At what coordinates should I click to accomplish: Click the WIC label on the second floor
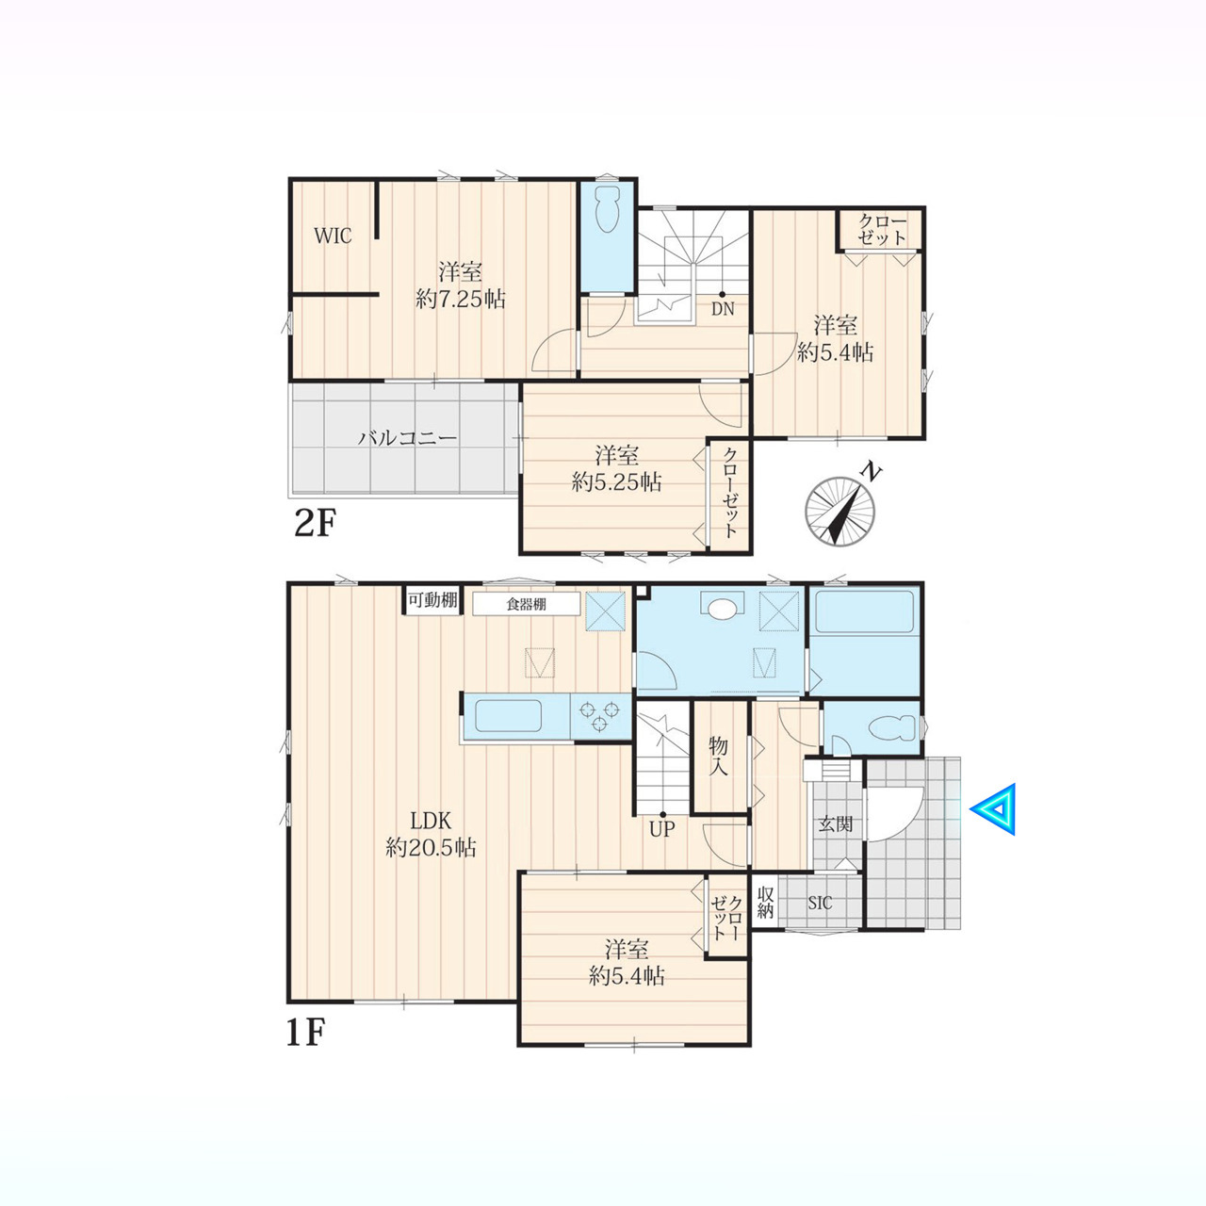pos(333,236)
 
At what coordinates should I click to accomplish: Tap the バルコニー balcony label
pos(407,438)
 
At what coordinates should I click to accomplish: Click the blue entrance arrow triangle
pos(993,809)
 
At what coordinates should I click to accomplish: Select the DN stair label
pos(723,308)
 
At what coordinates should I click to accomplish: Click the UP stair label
pos(662,830)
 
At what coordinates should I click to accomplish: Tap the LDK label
pos(432,820)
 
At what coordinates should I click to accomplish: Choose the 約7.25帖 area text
pos(461,300)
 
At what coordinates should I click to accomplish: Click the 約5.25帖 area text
pos(617,482)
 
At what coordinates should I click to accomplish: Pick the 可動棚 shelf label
pos(432,600)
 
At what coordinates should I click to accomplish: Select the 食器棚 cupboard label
pos(527,604)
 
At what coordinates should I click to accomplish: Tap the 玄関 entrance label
pos(836,824)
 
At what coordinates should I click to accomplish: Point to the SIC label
pos(820,904)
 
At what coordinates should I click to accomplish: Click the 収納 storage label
pos(765,903)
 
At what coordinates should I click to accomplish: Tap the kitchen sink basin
pos(508,715)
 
